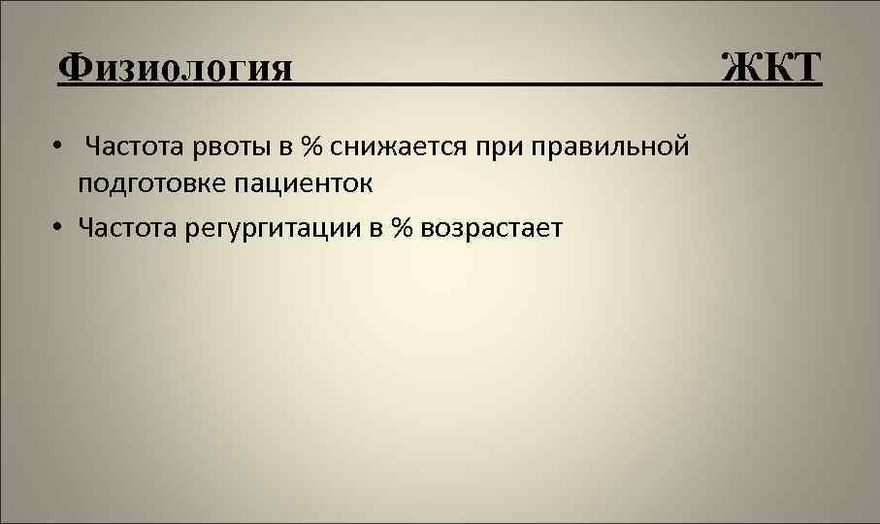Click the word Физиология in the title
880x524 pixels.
175,69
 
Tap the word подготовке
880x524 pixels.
153,183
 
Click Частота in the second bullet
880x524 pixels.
126,227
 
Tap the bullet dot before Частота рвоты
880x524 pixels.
59,147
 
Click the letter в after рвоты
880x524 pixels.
287,147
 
